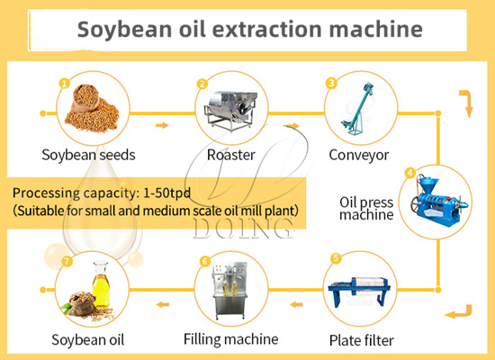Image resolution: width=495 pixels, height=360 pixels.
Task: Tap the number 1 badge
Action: (64, 83)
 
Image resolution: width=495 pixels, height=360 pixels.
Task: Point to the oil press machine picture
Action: (435, 201)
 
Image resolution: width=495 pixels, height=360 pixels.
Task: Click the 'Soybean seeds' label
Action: (88, 154)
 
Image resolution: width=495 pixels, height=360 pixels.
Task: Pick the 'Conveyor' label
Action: (358, 154)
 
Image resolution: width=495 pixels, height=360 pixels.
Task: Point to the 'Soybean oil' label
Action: (88, 340)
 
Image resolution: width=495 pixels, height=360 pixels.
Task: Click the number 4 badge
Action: (409, 173)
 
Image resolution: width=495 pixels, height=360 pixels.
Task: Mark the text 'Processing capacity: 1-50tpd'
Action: (101, 193)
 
